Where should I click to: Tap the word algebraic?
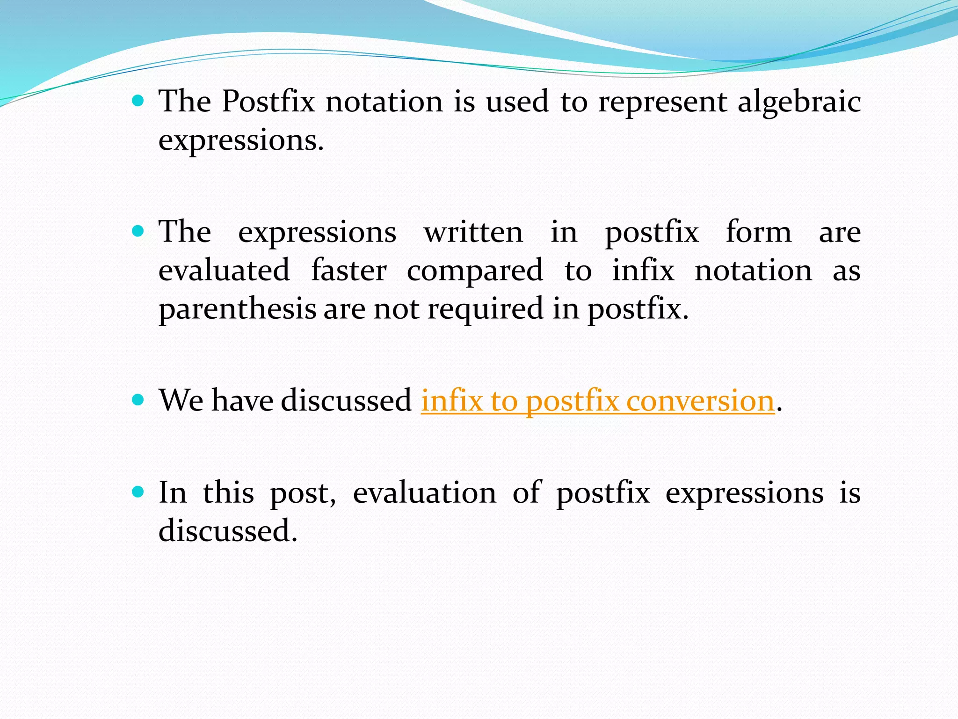coord(799,102)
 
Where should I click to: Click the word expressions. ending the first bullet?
coord(241,140)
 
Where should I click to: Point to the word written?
coord(473,232)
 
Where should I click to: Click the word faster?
coord(349,271)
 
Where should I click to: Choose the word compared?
coord(475,271)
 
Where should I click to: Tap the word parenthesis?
coord(237,310)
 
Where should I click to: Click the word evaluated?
coord(224,271)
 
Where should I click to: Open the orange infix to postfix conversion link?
coord(597,402)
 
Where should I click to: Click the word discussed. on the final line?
coord(228,531)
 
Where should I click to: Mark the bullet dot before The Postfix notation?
coord(138,100)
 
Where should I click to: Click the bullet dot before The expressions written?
coord(138,231)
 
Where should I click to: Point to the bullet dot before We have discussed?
coord(138,399)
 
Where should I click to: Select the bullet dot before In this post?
coord(138,492)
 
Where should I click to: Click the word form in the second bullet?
coord(758,232)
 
